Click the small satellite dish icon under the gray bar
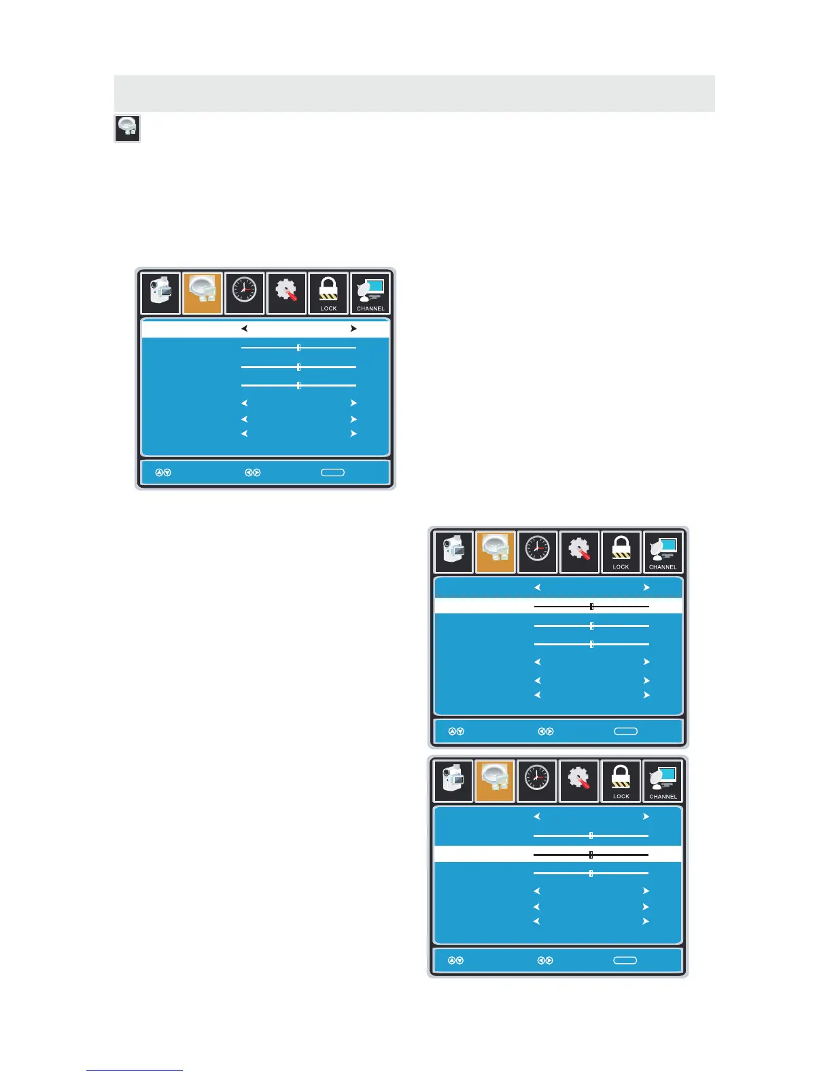click(127, 128)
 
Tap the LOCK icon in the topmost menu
click(328, 293)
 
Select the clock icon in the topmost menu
click(245, 293)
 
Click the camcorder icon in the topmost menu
click(161, 293)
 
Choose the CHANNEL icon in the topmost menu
click(370, 293)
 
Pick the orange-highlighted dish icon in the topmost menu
click(203, 293)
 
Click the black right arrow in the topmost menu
click(353, 329)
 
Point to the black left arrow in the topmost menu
click(244, 329)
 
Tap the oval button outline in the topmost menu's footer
click(332, 473)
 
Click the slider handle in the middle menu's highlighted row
click(591, 606)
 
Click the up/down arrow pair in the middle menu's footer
click(455, 732)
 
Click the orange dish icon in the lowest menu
click(495, 781)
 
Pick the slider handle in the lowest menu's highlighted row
click(591, 855)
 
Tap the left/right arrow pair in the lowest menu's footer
click(545, 961)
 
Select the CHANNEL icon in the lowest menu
click(663, 781)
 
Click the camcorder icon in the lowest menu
click(453, 781)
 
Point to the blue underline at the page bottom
click(135, 1070)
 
